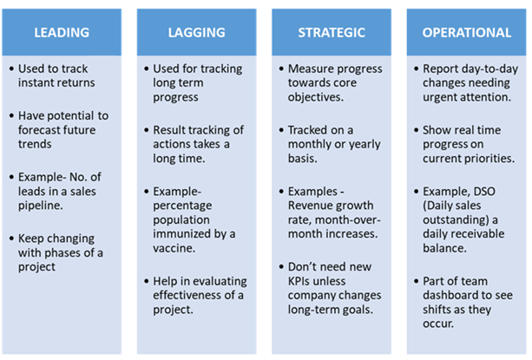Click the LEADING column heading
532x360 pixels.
pyautogui.click(x=62, y=33)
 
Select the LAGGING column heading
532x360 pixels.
pyautogui.click(x=197, y=33)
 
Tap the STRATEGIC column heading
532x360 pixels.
pyautogui.click(x=332, y=33)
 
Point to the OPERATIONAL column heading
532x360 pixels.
pyautogui.click(x=467, y=33)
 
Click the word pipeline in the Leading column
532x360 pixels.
pyautogui.click(x=41, y=206)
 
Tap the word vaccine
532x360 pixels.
pyautogui.click(x=174, y=248)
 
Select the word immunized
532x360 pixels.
pyautogui.click(x=182, y=234)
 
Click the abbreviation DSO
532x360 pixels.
pyautogui.click(x=484, y=191)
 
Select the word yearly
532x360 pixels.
pyautogui.click(x=365, y=144)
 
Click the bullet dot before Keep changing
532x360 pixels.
pyautogui.click(x=12, y=239)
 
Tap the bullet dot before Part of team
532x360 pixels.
pyautogui.click(x=417, y=281)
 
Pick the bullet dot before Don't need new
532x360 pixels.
pyautogui.click(x=281, y=267)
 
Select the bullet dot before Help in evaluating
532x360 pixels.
pyautogui.click(x=147, y=281)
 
